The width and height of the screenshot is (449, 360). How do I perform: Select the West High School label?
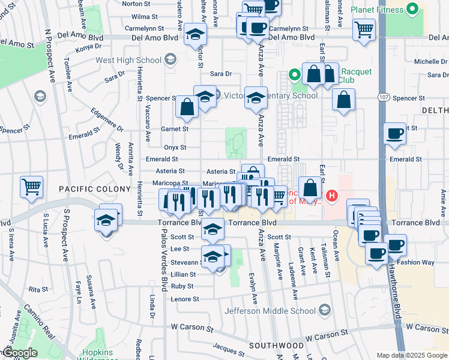click(128, 61)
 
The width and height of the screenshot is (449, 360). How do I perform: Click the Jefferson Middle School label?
click(270, 311)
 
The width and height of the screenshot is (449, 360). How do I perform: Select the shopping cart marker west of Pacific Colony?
click(31, 186)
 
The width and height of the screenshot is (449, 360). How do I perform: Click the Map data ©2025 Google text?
click(412, 355)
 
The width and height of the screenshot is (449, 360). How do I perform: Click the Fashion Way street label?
click(418, 262)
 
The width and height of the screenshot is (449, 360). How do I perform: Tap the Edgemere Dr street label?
click(106, 120)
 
